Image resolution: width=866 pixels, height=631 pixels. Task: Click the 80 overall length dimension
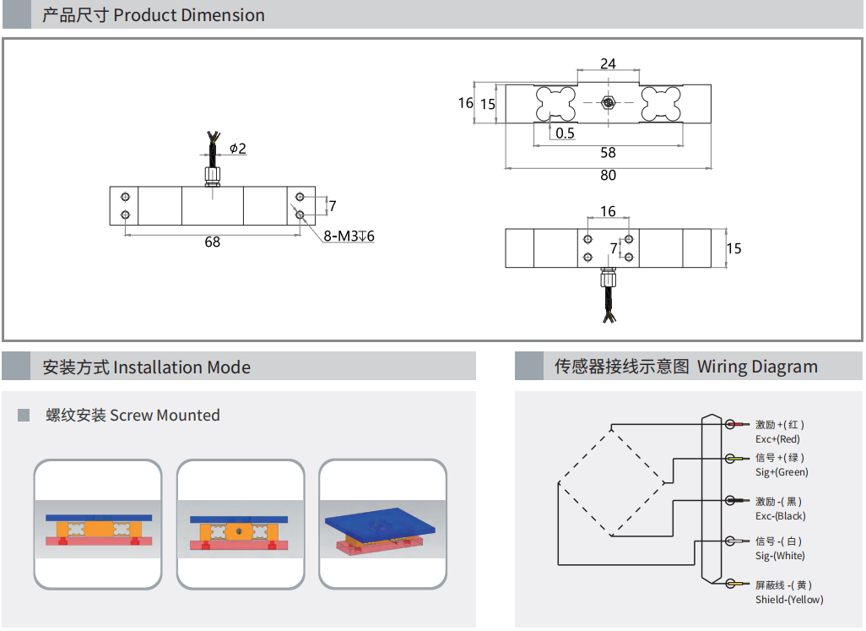click(608, 176)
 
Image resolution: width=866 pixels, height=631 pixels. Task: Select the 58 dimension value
click(608, 153)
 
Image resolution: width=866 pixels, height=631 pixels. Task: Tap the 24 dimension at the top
click(608, 64)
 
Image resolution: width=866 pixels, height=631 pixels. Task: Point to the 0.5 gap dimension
click(565, 133)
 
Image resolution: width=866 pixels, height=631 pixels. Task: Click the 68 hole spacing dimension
click(212, 242)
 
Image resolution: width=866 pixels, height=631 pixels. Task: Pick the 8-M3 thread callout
click(349, 237)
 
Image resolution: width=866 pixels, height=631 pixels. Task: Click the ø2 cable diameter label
click(237, 149)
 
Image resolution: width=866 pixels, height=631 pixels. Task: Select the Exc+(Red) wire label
click(777, 439)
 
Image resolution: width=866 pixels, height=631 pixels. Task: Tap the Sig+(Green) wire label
click(782, 472)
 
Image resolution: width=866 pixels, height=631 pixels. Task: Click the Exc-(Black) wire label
click(780, 516)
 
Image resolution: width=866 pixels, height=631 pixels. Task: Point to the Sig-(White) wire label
click(780, 556)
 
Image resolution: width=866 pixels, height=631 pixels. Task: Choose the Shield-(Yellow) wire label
click(789, 600)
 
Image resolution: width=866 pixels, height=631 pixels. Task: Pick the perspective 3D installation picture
click(382, 525)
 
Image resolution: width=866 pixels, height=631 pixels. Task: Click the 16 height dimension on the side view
click(465, 103)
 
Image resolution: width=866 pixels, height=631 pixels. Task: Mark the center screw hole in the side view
click(608, 103)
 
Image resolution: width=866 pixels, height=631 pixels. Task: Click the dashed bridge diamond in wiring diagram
click(612, 481)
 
